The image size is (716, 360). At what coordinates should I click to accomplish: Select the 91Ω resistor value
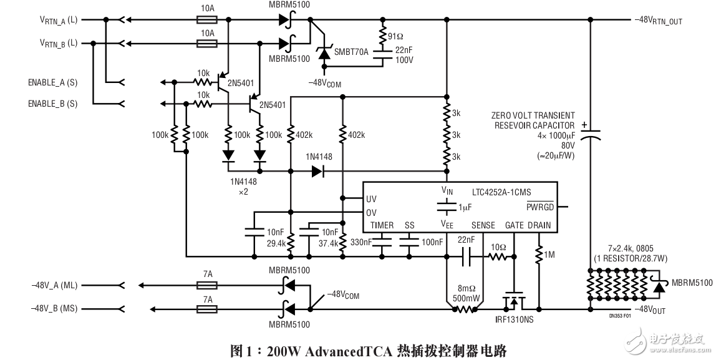point(398,36)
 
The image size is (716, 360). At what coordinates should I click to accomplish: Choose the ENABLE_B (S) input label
point(53,104)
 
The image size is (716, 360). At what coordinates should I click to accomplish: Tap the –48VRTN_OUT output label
point(659,21)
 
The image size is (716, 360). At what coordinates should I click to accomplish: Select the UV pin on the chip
point(372,199)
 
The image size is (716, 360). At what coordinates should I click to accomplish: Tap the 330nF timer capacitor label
point(362,242)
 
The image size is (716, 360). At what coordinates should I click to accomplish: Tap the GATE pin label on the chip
point(514,225)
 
